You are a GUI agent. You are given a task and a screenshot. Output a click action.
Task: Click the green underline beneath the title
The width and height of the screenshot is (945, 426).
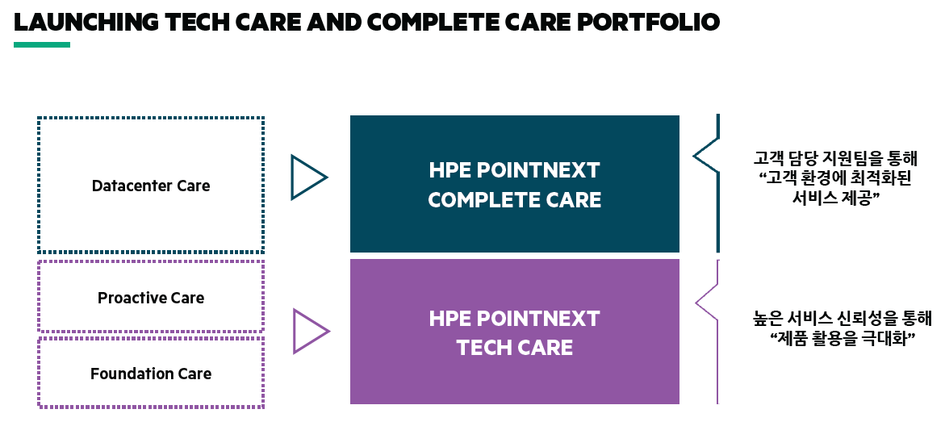[42, 44]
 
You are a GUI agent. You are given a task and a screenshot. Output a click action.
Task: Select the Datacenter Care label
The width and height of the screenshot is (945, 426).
[151, 186]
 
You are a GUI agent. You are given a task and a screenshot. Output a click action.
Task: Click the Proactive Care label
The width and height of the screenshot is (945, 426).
[151, 298]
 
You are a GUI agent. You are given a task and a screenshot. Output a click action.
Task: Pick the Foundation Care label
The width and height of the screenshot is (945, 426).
[151, 374]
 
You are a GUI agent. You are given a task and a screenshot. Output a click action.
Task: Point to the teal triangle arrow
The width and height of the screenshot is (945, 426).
[307, 177]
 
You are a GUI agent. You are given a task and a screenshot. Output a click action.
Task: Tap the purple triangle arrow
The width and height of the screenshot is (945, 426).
[309, 331]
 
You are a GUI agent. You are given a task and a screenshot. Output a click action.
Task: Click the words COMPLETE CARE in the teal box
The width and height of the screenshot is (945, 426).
[514, 199]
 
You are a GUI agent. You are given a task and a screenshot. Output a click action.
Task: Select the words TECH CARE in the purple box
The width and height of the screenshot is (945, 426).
[514, 348]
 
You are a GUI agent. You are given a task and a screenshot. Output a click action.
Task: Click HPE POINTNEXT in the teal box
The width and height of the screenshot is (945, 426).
[514, 171]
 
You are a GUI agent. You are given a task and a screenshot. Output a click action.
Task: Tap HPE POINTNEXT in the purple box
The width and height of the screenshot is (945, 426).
[514, 319]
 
